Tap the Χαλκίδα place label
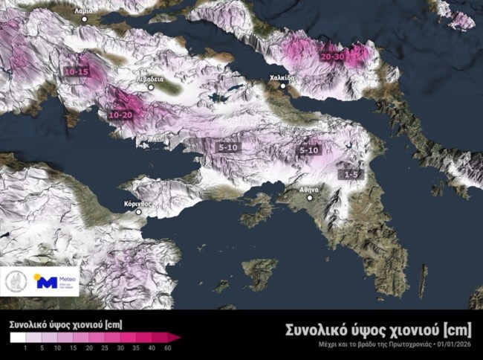[x=281, y=77]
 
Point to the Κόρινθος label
[x=137, y=202]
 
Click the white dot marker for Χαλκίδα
[x=281, y=86]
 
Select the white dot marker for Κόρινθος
[x=137, y=211]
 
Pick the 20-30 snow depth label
[x=332, y=56]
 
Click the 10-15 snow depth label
[x=77, y=71]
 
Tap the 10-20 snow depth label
[x=120, y=115]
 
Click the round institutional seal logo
[x=16, y=281]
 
